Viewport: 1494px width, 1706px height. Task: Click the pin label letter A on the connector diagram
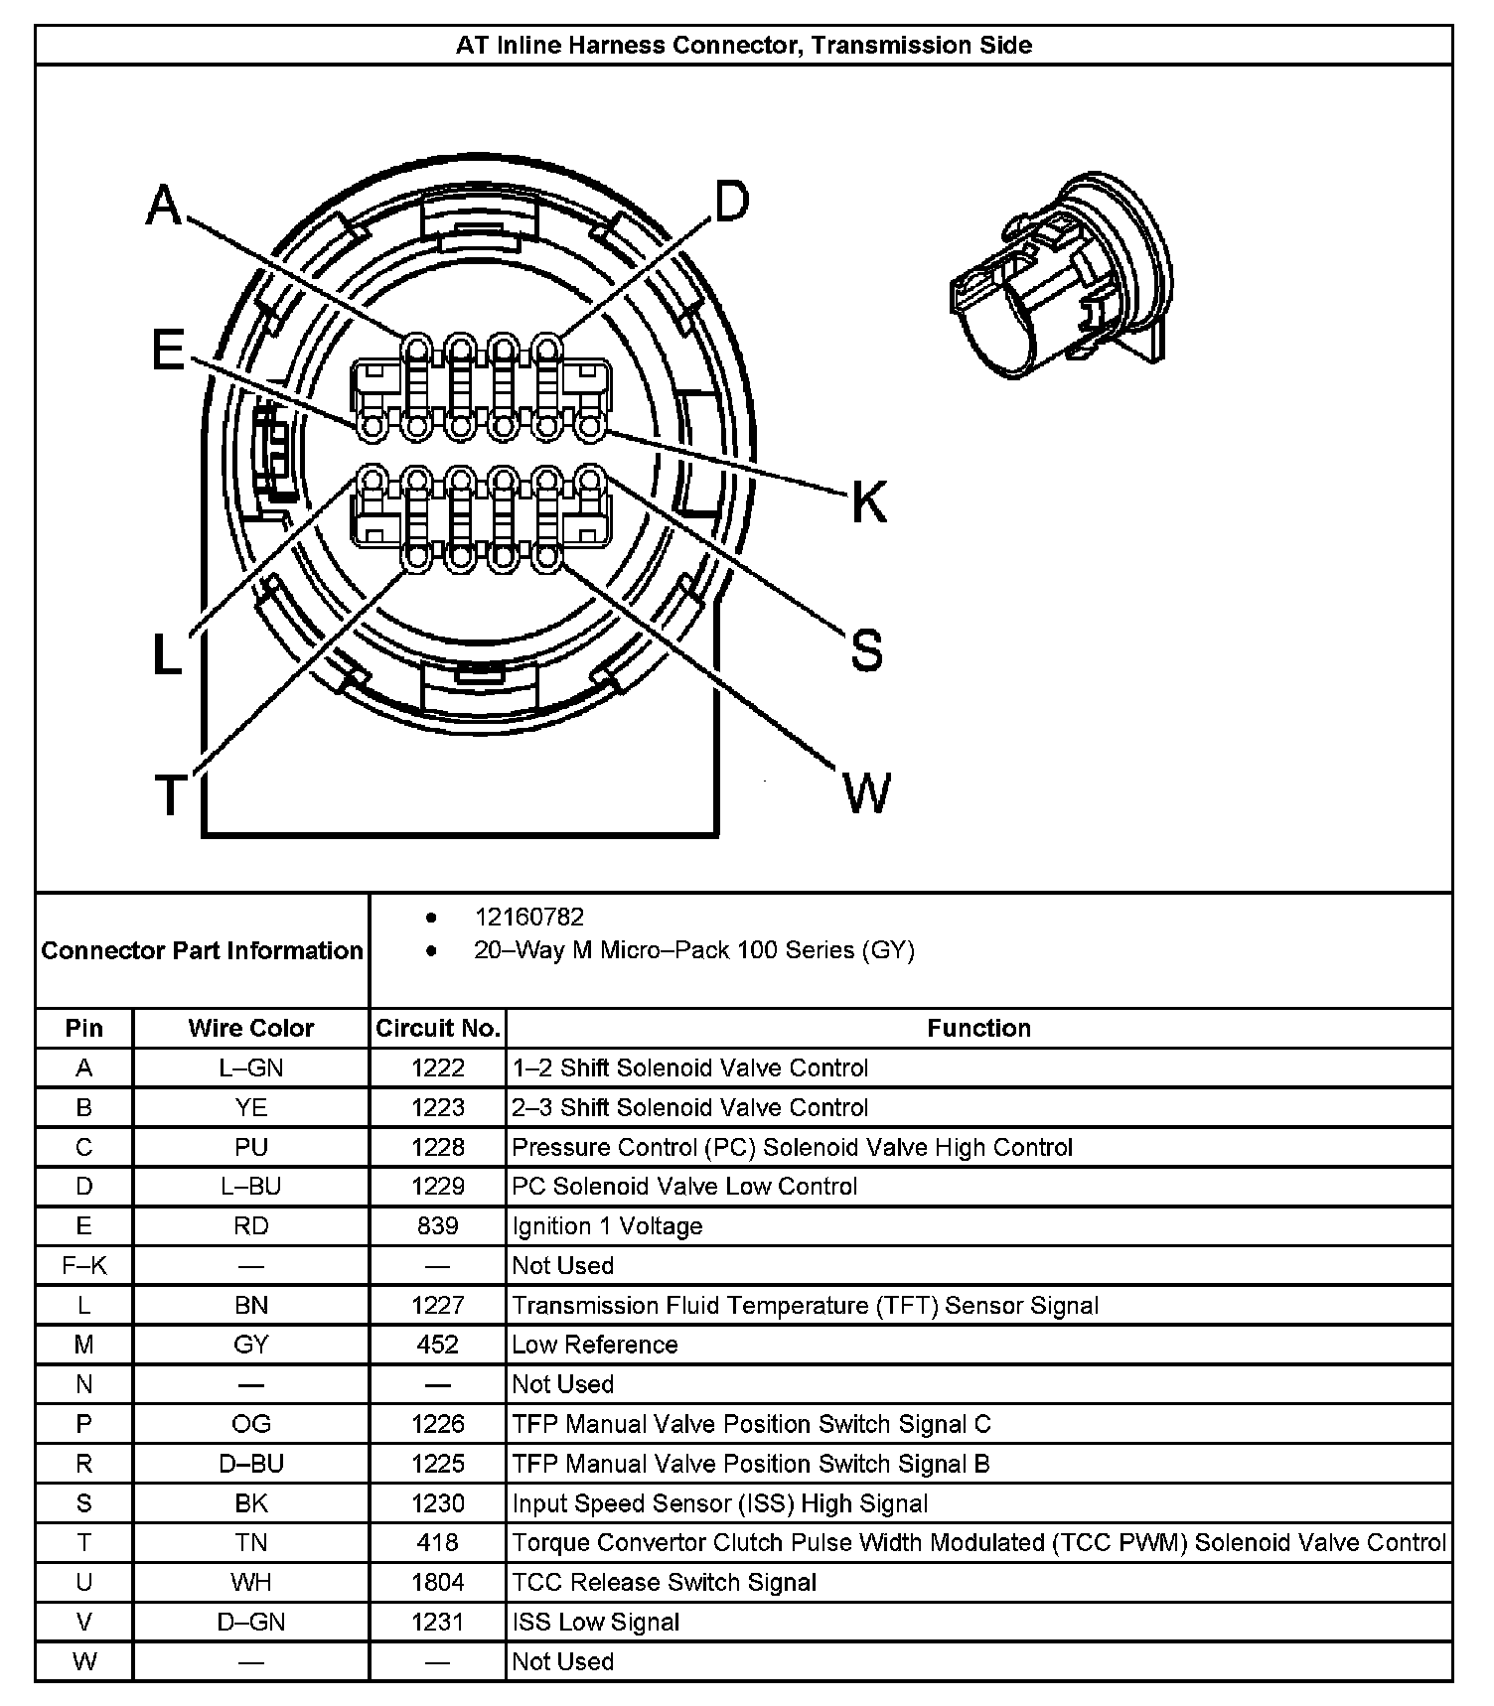pos(165,207)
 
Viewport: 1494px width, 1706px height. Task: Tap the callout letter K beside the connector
pos(868,501)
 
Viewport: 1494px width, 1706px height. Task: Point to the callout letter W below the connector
pos(866,792)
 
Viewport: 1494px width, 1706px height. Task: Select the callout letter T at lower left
pos(171,794)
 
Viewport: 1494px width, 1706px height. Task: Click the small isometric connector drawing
pos(1060,275)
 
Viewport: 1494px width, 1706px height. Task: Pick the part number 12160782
pos(529,917)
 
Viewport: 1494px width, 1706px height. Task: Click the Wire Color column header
pos(250,1028)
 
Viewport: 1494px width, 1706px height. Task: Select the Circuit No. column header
pos(437,1028)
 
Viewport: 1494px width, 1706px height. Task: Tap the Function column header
pos(978,1028)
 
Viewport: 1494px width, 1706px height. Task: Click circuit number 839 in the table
pos(437,1225)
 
